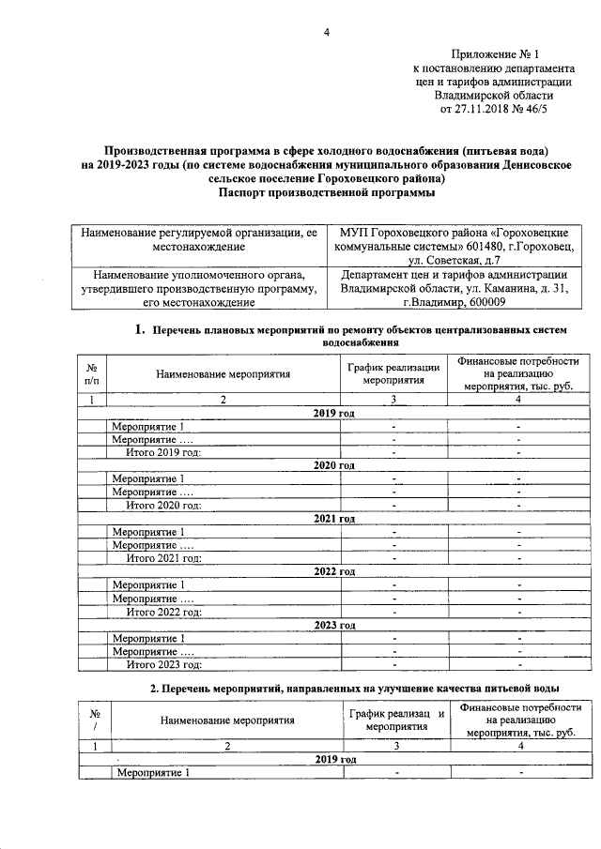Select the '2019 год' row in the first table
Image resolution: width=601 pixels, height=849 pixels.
click(333, 413)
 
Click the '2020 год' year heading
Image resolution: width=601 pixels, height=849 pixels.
click(333, 465)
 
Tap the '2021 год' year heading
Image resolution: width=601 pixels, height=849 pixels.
click(333, 518)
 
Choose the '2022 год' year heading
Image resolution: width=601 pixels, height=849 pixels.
click(333, 571)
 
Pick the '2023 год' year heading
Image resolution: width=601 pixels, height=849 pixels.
click(333, 625)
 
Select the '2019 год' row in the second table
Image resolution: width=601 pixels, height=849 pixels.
click(333, 759)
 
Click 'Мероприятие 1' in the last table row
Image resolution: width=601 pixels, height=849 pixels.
click(150, 773)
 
